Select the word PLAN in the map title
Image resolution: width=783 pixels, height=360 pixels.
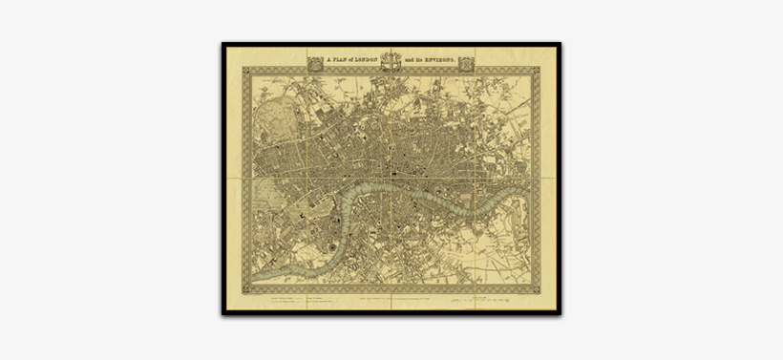(x=342, y=59)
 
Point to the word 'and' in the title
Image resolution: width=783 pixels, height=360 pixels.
(x=409, y=59)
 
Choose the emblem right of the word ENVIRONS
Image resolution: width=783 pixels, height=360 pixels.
(x=466, y=63)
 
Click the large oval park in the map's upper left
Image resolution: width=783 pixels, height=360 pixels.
(x=275, y=118)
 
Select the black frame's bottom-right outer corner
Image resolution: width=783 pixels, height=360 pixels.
(x=561, y=315)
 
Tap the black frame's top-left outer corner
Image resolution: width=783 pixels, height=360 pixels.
(x=222, y=43)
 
